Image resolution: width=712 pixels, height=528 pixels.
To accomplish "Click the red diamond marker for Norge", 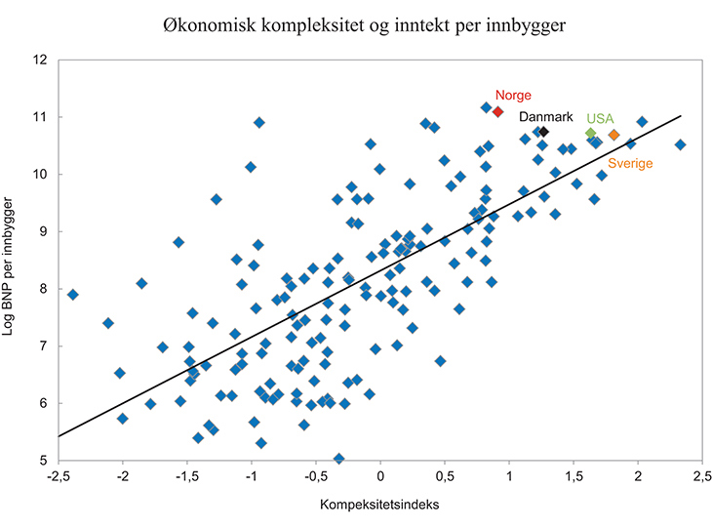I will click(x=497, y=112).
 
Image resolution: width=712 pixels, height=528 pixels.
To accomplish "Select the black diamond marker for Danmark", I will click(x=544, y=132).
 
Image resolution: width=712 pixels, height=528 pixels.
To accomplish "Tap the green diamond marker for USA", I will click(x=590, y=133).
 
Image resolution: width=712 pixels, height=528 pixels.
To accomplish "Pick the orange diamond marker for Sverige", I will click(x=613, y=135).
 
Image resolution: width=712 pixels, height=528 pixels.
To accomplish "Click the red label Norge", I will click(x=512, y=95).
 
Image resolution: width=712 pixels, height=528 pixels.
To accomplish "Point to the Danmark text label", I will click(x=547, y=116).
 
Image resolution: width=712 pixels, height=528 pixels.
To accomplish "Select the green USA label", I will click(x=601, y=118).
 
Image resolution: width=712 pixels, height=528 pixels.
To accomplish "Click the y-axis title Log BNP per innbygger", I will click(x=13, y=259).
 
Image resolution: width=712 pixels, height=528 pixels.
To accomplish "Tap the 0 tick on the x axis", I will click(x=380, y=476).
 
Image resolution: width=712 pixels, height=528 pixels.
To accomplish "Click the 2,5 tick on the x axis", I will click(x=701, y=476).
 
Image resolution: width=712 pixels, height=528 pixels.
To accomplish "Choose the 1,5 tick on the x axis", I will click(x=573, y=476).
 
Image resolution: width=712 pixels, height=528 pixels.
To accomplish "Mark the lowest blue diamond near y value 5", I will click(x=338, y=458).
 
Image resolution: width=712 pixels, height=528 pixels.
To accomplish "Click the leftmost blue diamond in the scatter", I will click(x=72, y=294).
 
